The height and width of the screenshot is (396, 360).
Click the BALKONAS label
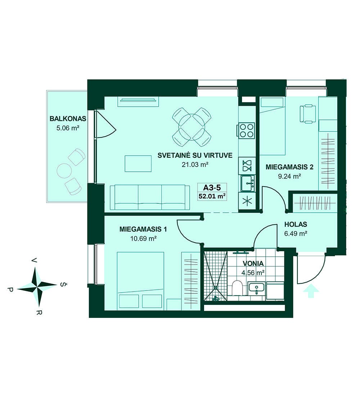tap(68, 118)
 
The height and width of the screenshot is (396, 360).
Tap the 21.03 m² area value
tap(195, 165)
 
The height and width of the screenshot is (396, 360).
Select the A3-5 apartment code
tap(212, 188)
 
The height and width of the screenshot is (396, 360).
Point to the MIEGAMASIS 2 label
tap(289, 167)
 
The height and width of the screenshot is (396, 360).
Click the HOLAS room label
tap(296, 224)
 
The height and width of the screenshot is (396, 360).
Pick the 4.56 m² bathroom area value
tap(253, 273)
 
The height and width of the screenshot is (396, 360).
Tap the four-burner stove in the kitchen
tap(247, 131)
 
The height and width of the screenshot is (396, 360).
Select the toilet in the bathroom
tap(237, 288)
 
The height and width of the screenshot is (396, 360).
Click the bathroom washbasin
tap(256, 288)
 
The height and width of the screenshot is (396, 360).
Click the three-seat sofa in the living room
tap(150, 197)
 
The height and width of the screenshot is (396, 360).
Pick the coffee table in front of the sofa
tap(138, 163)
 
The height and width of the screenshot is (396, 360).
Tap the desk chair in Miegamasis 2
tap(308, 114)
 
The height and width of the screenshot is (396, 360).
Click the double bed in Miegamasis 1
tap(140, 280)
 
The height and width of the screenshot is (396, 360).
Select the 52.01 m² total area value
tap(212, 196)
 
